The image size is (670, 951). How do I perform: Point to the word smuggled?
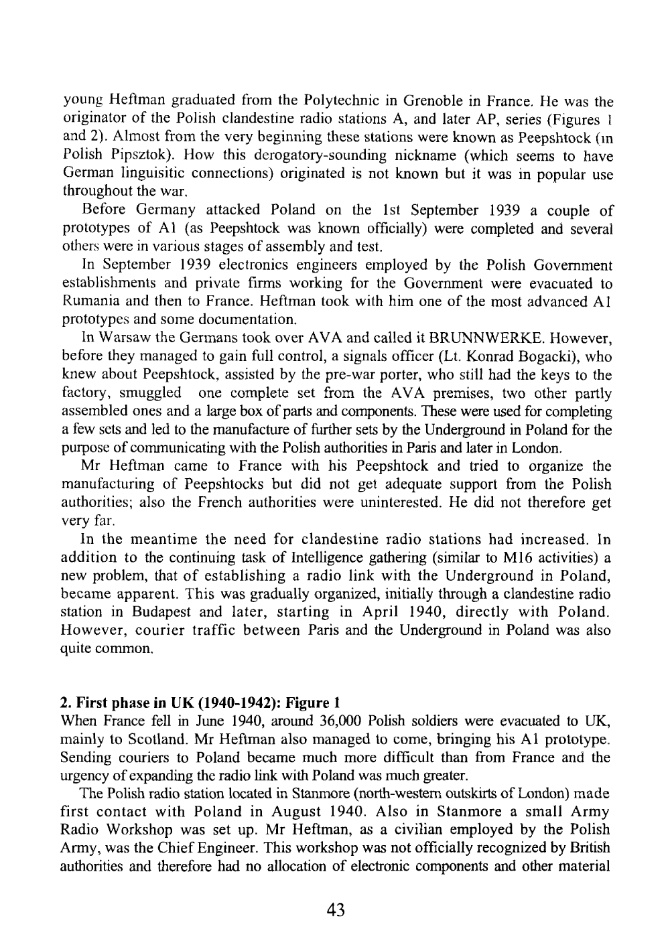point(148,392)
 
